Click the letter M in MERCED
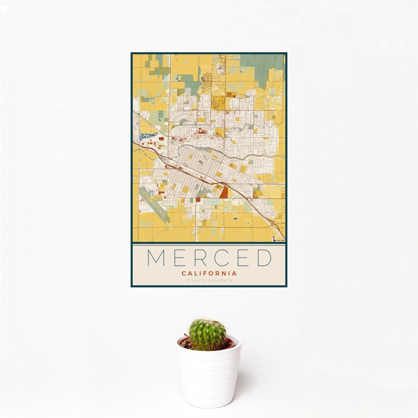click(x=157, y=258)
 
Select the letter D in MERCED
click(x=263, y=258)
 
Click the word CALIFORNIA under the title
click(x=209, y=273)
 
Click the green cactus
click(x=207, y=334)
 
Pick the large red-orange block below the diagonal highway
click(x=224, y=192)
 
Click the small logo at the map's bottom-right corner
click(x=277, y=238)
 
